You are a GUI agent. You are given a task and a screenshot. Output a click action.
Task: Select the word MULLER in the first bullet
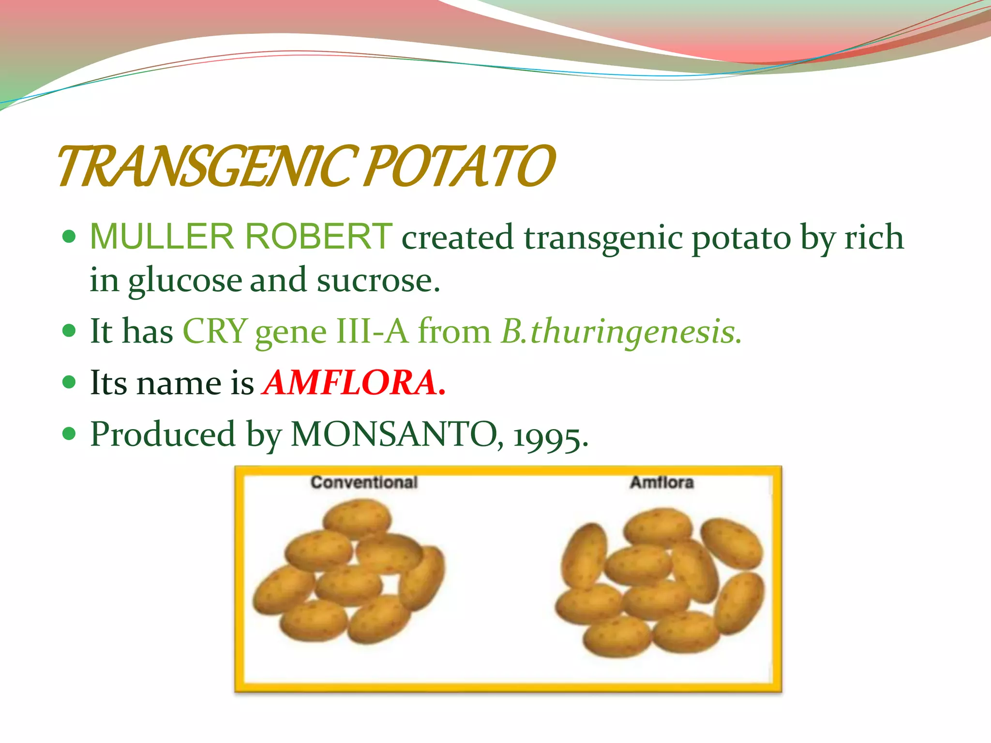tap(162, 237)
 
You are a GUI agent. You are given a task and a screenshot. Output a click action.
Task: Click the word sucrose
tap(378, 281)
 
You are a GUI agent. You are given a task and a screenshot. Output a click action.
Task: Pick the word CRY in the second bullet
tap(215, 332)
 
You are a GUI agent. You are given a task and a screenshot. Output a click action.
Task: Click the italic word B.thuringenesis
tap(621, 332)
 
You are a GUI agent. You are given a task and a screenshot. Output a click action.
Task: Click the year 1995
tap(549, 436)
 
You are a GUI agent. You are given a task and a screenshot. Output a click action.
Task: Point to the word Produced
tap(163, 434)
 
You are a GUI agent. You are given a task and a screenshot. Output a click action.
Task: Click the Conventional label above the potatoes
tap(364, 482)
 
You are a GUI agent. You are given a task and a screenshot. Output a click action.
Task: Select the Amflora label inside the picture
tap(661, 482)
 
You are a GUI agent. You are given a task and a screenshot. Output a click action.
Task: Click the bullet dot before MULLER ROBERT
tap(70, 237)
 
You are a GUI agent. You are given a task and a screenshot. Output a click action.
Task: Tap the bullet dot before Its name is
tap(70, 383)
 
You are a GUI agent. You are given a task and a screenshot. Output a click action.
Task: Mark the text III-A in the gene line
tap(372, 332)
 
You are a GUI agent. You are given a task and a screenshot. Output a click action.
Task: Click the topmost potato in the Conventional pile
tap(357, 518)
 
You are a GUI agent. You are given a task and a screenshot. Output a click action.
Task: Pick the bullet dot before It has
tap(70, 331)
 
